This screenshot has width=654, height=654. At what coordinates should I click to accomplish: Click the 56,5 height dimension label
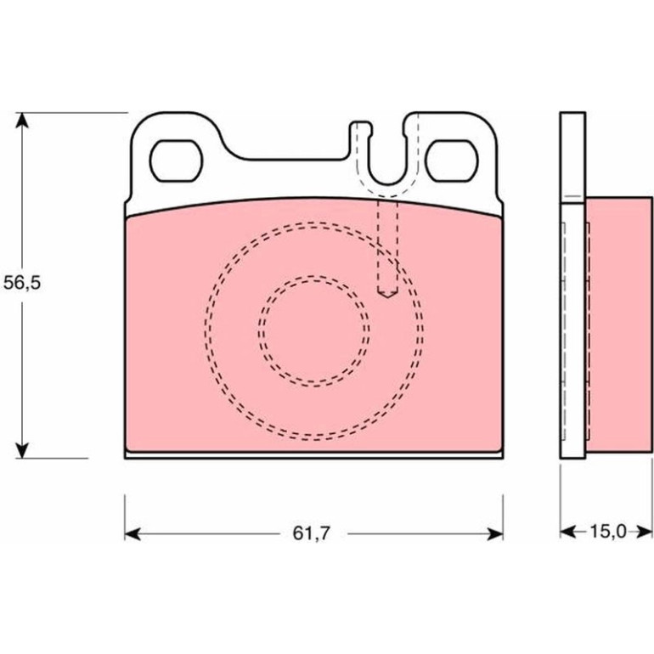click(22, 283)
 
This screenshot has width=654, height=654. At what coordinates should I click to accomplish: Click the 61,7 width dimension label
click(311, 533)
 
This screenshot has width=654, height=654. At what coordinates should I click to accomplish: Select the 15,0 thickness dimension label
click(607, 532)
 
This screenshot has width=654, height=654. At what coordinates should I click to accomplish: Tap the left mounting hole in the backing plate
click(176, 161)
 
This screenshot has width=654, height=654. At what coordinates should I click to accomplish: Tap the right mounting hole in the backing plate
click(452, 161)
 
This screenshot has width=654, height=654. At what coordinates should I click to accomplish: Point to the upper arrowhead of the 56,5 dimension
click(22, 121)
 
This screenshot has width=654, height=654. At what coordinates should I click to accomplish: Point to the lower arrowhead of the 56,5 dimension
click(22, 450)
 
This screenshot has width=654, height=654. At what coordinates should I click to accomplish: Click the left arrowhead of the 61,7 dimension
click(132, 533)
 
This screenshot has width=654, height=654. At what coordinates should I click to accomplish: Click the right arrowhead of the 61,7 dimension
click(495, 533)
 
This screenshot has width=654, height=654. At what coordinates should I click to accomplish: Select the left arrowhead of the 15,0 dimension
click(568, 532)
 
